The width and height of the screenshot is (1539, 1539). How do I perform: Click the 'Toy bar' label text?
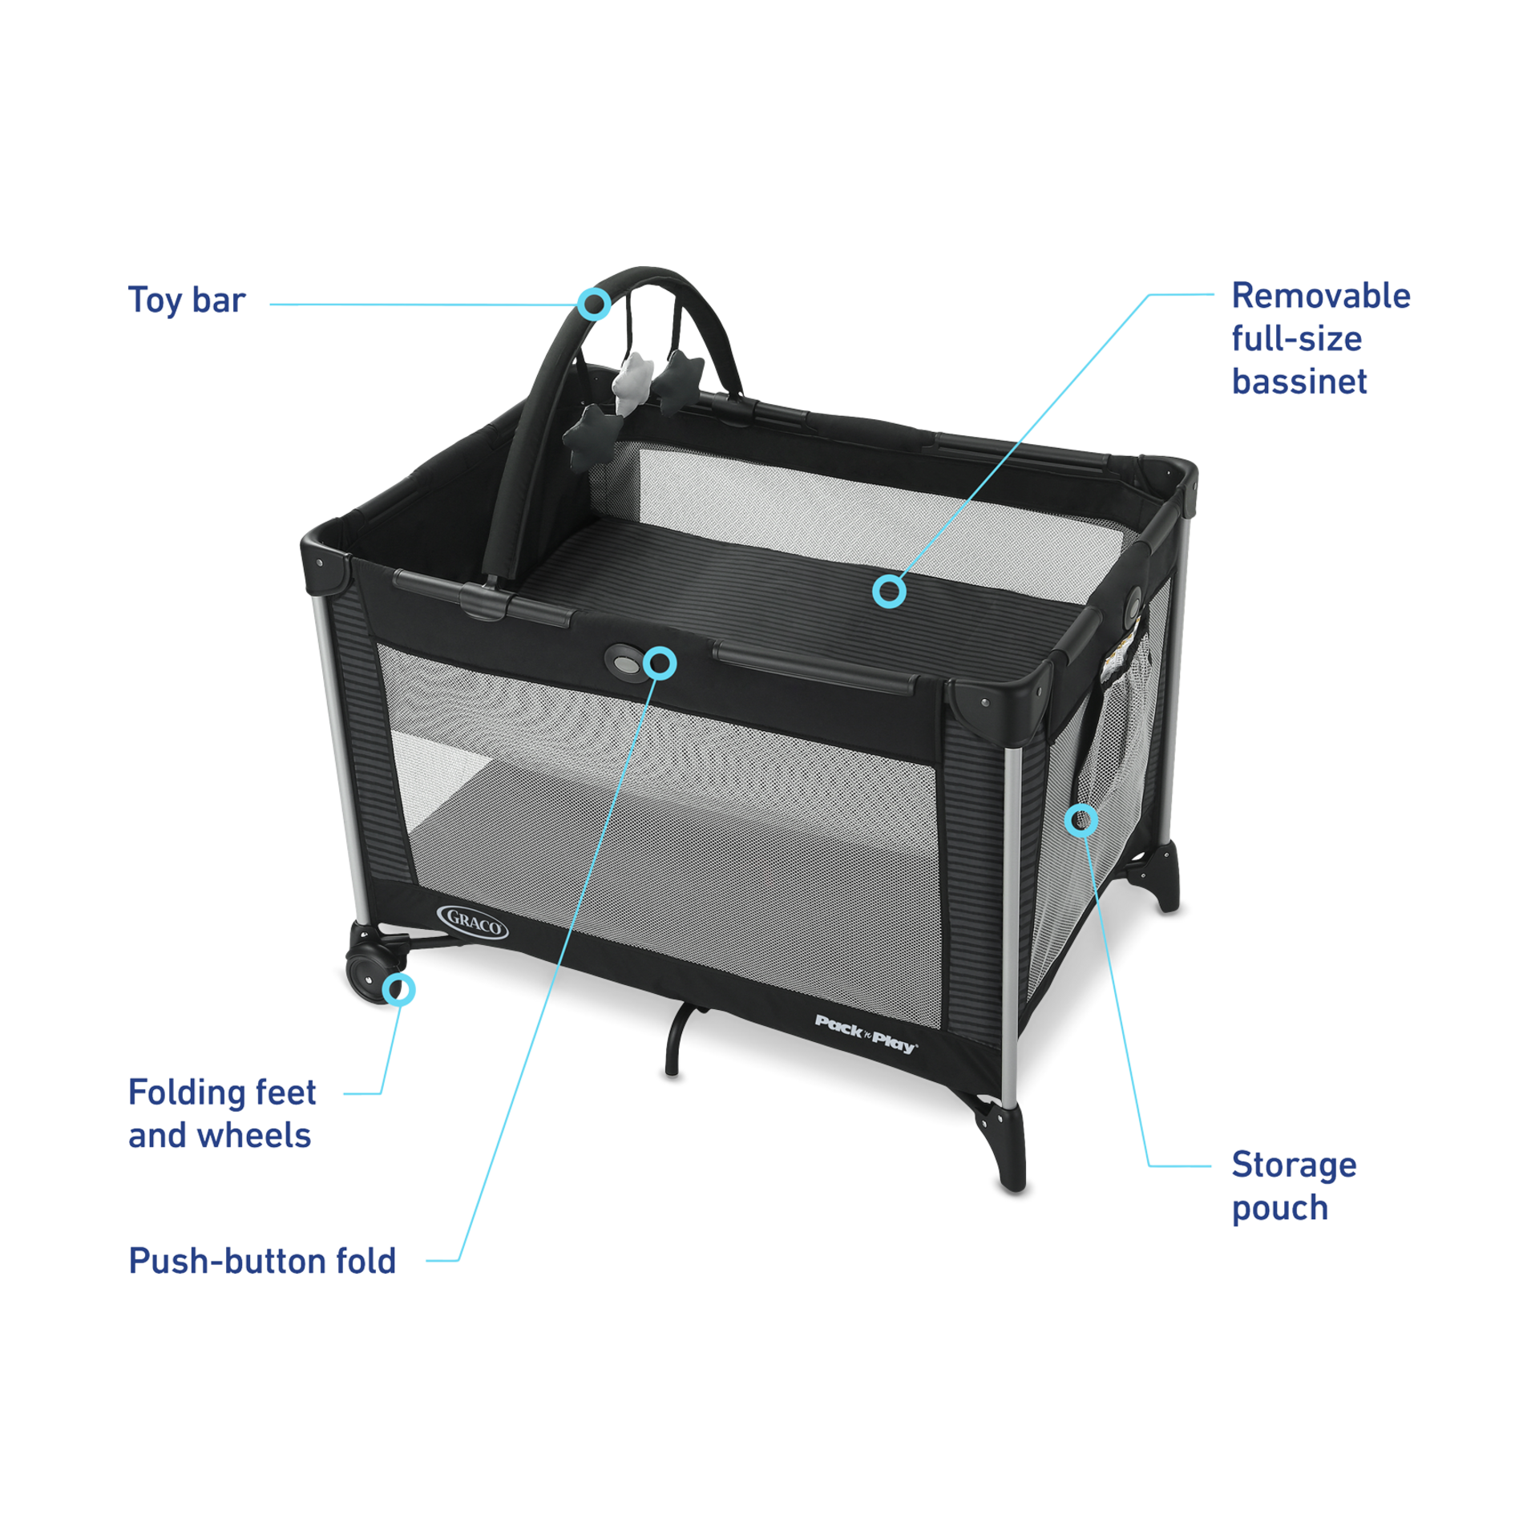tap(187, 301)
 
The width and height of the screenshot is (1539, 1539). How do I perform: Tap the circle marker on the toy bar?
tap(595, 304)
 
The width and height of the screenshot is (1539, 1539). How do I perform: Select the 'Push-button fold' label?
tap(263, 1261)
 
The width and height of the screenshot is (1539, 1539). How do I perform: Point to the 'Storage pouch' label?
tap(1293, 1186)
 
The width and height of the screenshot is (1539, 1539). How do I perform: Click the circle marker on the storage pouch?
tap(1081, 819)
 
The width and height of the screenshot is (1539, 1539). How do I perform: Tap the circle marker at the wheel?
tap(400, 989)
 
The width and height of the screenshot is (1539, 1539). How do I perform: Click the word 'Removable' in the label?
tap(1320, 296)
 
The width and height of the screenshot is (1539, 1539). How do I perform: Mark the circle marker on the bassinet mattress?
tap(889, 592)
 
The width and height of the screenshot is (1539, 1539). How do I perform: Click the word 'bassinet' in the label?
tap(1299, 382)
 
